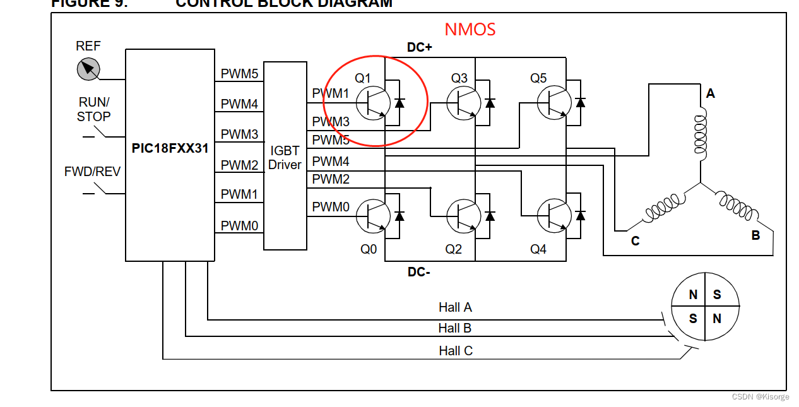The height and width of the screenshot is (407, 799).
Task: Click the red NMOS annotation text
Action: [x=470, y=29]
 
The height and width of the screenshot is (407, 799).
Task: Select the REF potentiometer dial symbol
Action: [x=88, y=68]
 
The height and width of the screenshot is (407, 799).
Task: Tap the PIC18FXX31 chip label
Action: [x=170, y=149]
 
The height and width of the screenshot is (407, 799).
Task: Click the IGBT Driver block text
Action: [x=285, y=158]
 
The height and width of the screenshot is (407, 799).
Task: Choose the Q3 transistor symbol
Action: [x=463, y=102]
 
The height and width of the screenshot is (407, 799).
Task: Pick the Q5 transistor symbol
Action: [x=553, y=102]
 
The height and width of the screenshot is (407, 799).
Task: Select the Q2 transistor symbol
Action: [x=463, y=216]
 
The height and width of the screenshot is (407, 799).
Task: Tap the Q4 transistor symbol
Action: [x=553, y=216]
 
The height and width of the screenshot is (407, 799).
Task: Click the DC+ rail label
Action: [x=419, y=47]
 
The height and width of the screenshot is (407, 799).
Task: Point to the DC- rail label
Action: [x=418, y=272]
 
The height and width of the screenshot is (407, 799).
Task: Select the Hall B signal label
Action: [x=455, y=328]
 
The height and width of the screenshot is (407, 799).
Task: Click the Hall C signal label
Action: [x=456, y=351]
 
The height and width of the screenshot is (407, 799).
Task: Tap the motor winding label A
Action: [x=711, y=94]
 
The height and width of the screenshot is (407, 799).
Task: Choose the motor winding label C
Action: [x=635, y=241]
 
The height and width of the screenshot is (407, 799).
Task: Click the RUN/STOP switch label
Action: [x=94, y=109]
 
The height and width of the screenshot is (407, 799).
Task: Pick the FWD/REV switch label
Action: [x=92, y=172]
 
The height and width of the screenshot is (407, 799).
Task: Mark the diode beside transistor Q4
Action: [x=581, y=216]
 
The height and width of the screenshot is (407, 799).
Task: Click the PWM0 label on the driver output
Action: [x=330, y=206]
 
